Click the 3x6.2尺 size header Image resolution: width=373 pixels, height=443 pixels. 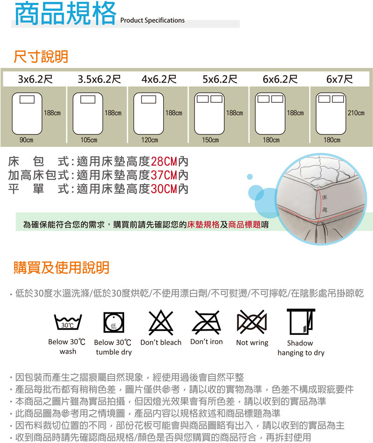tap(35, 79)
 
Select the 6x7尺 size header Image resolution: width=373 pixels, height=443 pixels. tap(339, 79)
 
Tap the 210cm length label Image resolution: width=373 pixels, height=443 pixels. tap(356, 113)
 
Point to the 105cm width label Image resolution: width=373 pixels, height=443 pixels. tap(89, 140)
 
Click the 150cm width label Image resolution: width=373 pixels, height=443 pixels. tap(211, 140)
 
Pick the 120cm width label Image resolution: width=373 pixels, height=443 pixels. tap(150, 140)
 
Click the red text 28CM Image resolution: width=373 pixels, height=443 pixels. tap(164, 162)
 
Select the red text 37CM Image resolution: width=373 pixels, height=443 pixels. tap(164, 175)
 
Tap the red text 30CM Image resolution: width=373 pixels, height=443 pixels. tap(164, 189)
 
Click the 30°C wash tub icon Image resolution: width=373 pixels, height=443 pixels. tap(68, 322)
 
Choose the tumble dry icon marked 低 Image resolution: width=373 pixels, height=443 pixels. tap(114, 323)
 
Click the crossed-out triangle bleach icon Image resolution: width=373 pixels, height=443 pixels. tap(161, 322)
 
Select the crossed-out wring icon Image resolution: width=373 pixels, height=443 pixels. tap(252, 321)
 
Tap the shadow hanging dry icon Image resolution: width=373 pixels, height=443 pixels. tap(301, 322)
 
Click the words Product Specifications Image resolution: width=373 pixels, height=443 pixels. tap(152, 21)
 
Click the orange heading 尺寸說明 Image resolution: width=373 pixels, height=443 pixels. tap(41, 56)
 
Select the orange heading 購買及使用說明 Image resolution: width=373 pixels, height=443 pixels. tap(62, 267)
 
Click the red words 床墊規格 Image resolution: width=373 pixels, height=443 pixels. tap(203, 225)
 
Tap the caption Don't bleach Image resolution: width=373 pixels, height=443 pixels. tap(161, 342)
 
